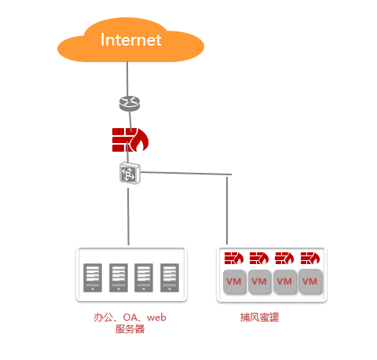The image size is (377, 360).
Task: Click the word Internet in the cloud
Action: coord(131,40)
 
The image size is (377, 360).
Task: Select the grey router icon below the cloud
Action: coord(130,104)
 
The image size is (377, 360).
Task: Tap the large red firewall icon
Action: coord(130,140)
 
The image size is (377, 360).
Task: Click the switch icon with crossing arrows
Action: coord(130,173)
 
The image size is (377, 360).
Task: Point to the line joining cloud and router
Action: coord(127,79)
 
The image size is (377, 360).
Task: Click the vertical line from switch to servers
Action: coord(128,217)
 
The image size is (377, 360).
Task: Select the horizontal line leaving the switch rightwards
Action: coord(186,173)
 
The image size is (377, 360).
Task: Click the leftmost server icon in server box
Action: coord(93,277)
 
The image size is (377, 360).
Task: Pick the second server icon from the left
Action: coord(119,277)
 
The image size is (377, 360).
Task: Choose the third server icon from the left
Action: coord(144,277)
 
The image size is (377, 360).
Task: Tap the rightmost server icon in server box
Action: coord(170,277)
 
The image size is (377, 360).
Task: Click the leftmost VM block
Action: coord(234,281)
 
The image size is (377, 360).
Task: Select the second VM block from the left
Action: coord(259,281)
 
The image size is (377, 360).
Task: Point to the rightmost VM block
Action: coord(310,281)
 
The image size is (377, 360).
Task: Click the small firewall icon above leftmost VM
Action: coord(234,258)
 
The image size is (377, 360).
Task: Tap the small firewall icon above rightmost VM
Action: coord(310,258)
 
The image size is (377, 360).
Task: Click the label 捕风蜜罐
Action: coord(259,318)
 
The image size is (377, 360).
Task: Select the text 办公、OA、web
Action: coord(130,318)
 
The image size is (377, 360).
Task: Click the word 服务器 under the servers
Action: coord(130,329)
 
